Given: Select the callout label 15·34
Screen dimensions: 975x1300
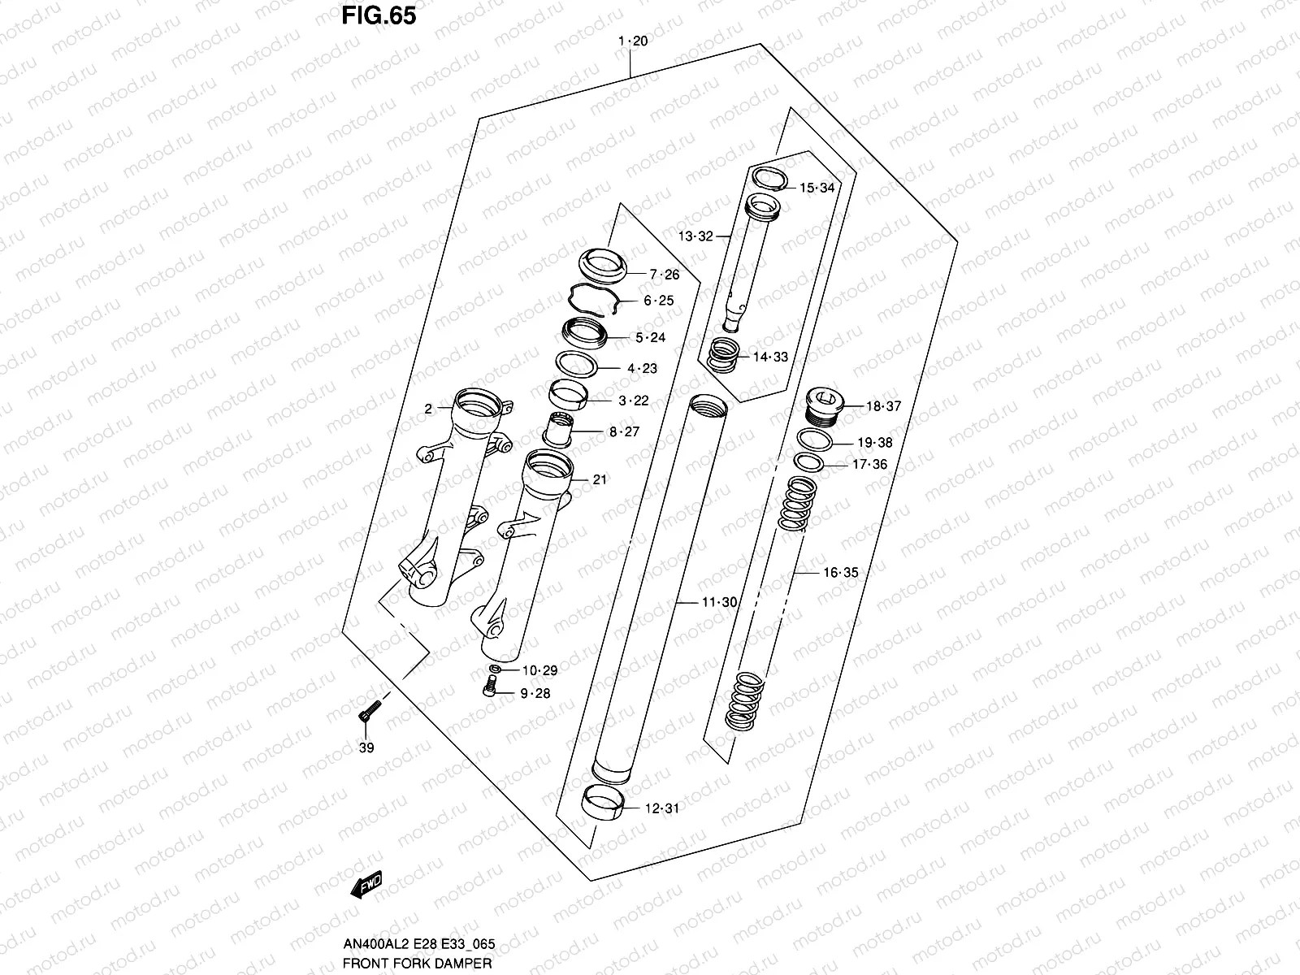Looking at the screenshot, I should pos(817,188).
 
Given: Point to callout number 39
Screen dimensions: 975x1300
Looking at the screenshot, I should pos(366,747).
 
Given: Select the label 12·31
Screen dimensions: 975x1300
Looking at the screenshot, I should pos(661,808).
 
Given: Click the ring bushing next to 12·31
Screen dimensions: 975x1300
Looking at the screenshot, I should pos(604,804).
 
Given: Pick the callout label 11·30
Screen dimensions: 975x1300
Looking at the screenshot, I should pos(719,602).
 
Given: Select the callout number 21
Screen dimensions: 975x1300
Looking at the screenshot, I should pos(600,479).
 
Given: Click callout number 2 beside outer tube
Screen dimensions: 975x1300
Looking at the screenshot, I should pos(428,409).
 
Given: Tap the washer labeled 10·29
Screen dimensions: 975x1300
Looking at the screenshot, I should pos(496,669).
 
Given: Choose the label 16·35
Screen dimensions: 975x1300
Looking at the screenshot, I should pos(840,572).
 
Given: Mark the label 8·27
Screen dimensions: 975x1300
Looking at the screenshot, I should pos(624,431).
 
